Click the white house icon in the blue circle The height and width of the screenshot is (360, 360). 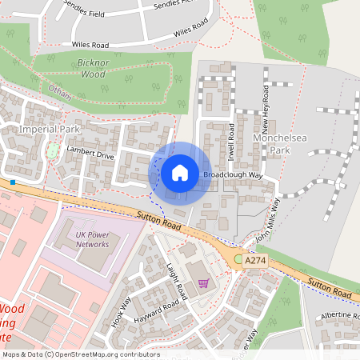pos(180,172)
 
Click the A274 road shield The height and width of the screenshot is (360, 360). pos(255,261)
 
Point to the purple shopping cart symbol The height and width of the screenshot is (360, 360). pos(203,282)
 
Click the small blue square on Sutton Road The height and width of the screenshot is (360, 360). pos(13,182)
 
